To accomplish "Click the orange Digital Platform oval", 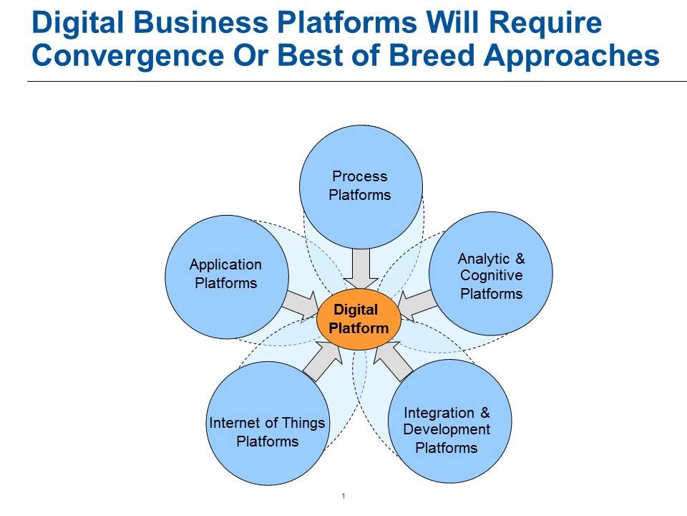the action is coord(359,319).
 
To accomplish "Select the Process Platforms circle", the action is coord(361,187).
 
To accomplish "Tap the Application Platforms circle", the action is coord(227,277).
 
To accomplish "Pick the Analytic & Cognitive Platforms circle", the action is coord(491,274).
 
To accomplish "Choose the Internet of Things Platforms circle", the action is coord(268,423).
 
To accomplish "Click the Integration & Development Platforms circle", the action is coord(450,421).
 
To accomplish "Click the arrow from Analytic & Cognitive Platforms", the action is coord(417,305).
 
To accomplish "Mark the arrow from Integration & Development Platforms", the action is coord(393,361).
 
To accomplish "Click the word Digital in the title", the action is coord(77,22).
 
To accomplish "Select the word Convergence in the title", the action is coord(127,56).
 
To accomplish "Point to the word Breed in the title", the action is coord(431,56).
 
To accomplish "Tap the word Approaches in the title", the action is coord(572,57).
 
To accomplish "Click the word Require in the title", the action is coord(545,23).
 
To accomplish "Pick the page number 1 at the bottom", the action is coord(343,496).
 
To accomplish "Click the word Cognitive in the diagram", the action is coord(491,275).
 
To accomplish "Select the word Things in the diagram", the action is coord(303,423).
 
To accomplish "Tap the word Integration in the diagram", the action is coord(439,414).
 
